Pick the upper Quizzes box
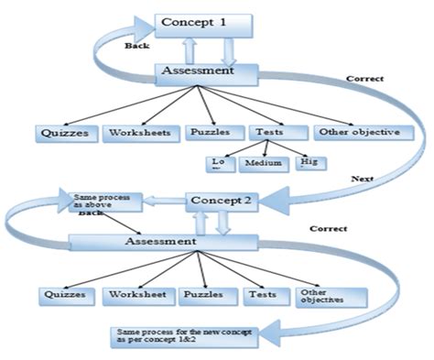pyautogui.click(x=66, y=133)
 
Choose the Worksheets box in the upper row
pyautogui.click(x=139, y=133)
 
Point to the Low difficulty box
pyautogui.click(x=218, y=164)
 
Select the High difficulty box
pyautogui.click(x=309, y=164)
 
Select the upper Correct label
pyautogui.click(x=364, y=79)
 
